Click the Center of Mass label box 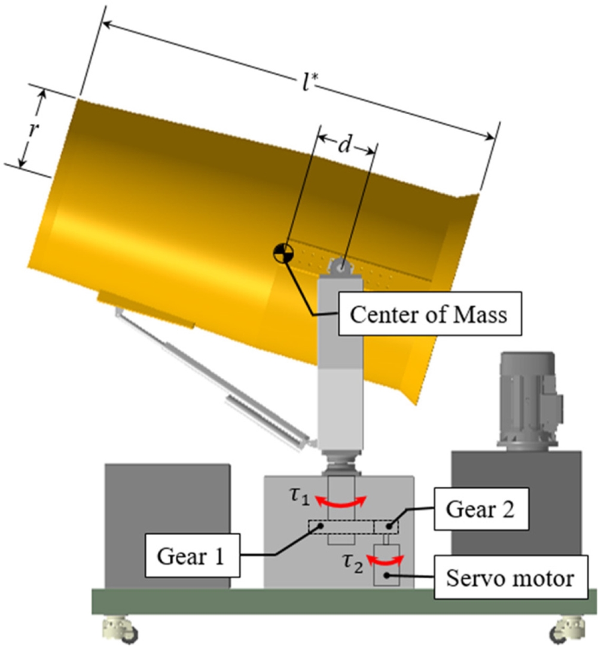point(428,315)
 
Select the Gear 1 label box point(191,557)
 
